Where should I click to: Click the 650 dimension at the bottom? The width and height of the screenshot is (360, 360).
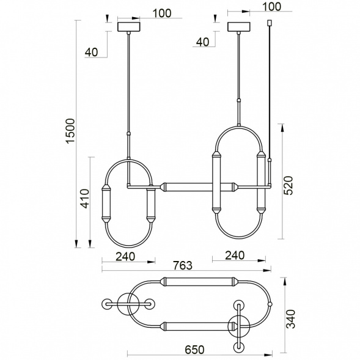[194, 350]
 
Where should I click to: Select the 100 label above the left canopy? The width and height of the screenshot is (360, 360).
[144, 13]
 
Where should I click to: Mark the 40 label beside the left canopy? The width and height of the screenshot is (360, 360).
[92, 53]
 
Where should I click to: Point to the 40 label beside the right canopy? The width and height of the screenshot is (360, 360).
[202, 42]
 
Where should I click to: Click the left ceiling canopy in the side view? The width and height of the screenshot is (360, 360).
[128, 28]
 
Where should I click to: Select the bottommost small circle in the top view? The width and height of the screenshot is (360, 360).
[237, 347]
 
